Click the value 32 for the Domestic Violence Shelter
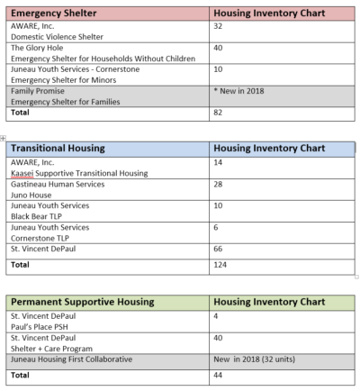[x=219, y=27]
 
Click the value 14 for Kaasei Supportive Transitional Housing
[x=219, y=161]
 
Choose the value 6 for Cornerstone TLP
[x=217, y=226]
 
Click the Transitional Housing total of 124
[x=221, y=266]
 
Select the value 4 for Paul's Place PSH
[x=217, y=316]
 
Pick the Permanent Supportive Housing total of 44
[x=219, y=375]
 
